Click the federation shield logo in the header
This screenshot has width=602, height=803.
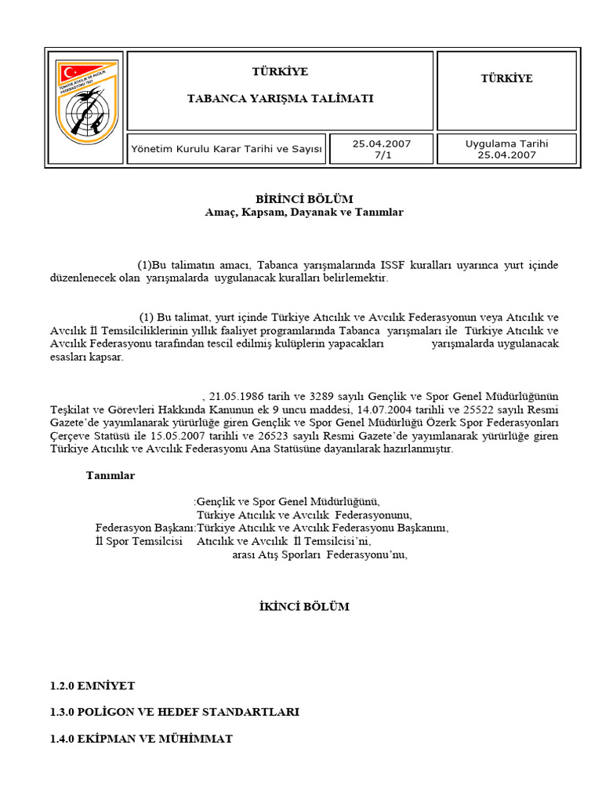pyautogui.click(x=85, y=107)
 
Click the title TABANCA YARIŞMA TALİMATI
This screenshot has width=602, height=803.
pyautogui.click(x=279, y=98)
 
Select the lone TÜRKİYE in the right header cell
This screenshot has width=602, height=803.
pyautogui.click(x=506, y=78)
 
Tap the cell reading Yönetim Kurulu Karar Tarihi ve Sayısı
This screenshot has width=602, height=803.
pyautogui.click(x=227, y=149)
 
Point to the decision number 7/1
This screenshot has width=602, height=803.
pyautogui.click(x=381, y=154)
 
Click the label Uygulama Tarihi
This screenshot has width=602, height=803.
pyautogui.click(x=506, y=144)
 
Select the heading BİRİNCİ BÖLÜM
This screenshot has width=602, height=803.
pyautogui.click(x=304, y=199)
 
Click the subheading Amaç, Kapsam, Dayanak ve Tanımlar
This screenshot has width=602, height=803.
pyautogui.click(x=304, y=213)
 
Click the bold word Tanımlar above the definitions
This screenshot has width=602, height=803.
pyautogui.click(x=111, y=475)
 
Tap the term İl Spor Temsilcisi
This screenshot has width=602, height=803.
pyautogui.click(x=139, y=541)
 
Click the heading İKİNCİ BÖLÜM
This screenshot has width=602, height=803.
pyautogui.click(x=304, y=607)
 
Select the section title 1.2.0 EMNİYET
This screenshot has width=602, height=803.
pyautogui.click(x=92, y=685)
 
